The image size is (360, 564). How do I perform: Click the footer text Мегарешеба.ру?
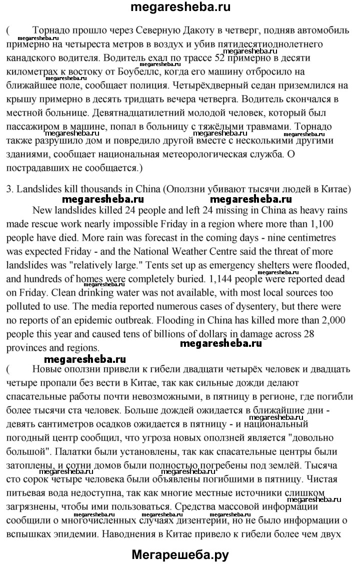(x=179, y=554)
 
